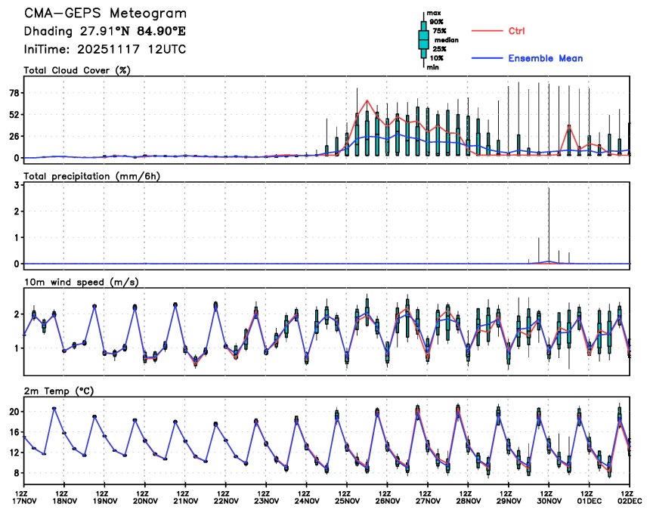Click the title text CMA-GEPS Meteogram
(105, 14)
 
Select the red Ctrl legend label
(517, 31)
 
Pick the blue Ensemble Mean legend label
(545, 58)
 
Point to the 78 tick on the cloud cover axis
(14, 93)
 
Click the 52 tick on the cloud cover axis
(14, 115)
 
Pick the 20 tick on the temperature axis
(14, 412)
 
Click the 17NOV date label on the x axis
(24, 500)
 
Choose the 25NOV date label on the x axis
(346, 500)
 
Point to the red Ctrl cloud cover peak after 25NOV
(367, 100)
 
